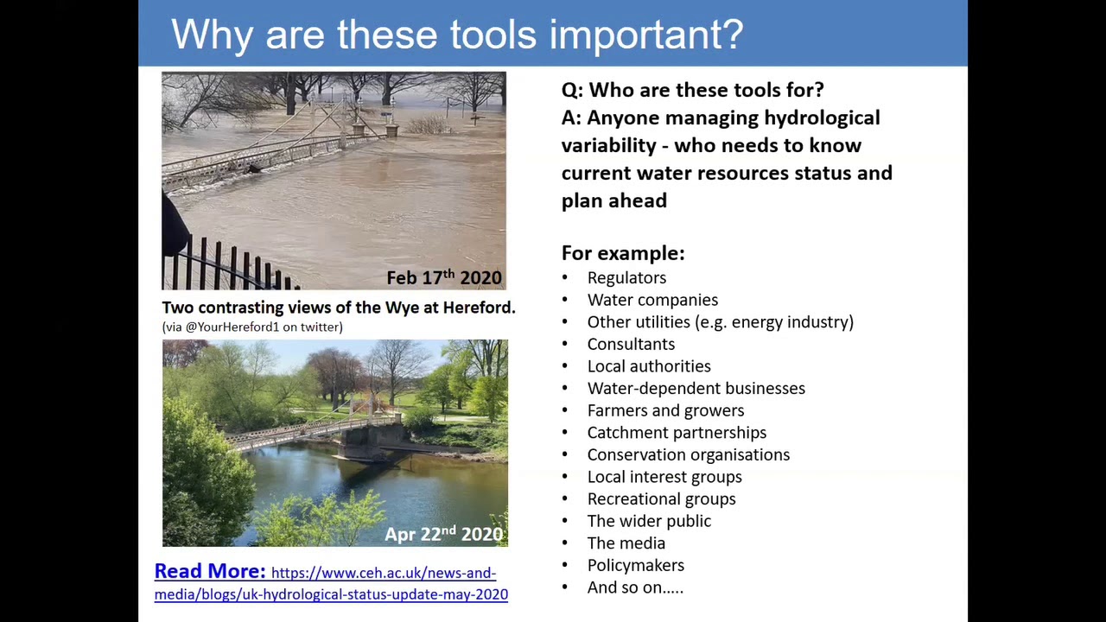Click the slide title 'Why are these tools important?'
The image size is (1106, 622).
457,35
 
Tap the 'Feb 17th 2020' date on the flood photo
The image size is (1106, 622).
444,277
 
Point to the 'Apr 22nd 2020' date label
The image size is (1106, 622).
444,534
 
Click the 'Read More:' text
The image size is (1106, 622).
210,571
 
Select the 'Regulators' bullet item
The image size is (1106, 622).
626,277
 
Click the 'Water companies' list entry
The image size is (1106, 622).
652,300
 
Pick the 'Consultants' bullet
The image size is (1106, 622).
631,344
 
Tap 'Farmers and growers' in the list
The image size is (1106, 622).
665,410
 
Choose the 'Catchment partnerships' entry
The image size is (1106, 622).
677,433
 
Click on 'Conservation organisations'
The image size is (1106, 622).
688,454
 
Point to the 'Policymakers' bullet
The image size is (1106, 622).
635,565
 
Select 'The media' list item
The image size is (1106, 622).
626,543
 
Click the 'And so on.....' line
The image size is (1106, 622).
635,587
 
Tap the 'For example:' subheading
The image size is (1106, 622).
623,253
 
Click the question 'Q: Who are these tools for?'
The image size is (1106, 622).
692,90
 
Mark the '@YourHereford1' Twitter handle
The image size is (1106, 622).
227,327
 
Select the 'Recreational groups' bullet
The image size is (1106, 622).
661,499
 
